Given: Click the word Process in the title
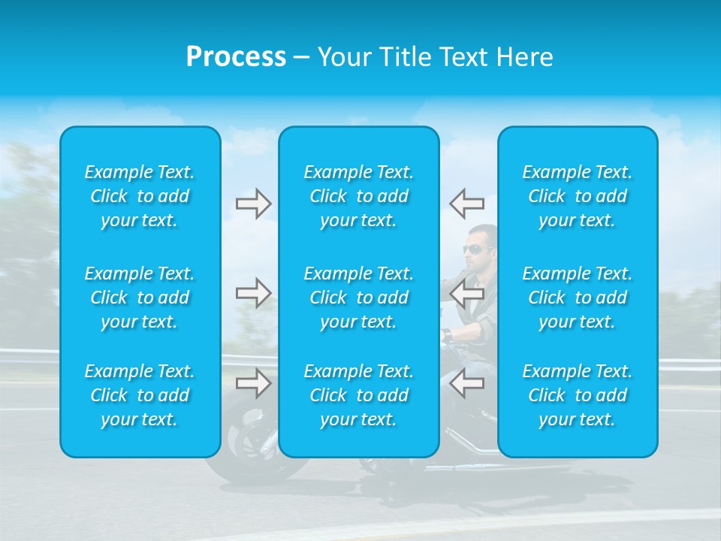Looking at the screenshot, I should pyautogui.click(x=236, y=57).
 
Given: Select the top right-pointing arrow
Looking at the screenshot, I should pyautogui.click(x=253, y=203).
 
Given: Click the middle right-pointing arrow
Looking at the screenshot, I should pyautogui.click(x=253, y=293).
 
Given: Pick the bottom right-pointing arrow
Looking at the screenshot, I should pyautogui.click(x=253, y=383).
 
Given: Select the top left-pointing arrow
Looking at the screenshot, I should pyautogui.click(x=466, y=203).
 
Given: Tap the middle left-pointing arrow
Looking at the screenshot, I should pyautogui.click(x=466, y=293).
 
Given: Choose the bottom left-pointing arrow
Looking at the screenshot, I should pyautogui.click(x=466, y=383).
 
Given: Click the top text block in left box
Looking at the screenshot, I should pyautogui.click(x=140, y=196).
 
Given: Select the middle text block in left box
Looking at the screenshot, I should pyautogui.click(x=140, y=298).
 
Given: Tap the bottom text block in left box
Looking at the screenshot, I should pyautogui.click(x=140, y=395).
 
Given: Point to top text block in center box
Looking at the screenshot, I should pyautogui.click(x=359, y=196).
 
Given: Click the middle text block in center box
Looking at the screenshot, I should pyautogui.click(x=359, y=298).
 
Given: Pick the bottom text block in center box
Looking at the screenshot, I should pyautogui.click(x=359, y=395).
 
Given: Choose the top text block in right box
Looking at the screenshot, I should pyautogui.click(x=578, y=196).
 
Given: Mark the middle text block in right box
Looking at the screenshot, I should pyautogui.click(x=578, y=298).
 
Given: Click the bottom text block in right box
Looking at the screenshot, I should pyautogui.click(x=578, y=395).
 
